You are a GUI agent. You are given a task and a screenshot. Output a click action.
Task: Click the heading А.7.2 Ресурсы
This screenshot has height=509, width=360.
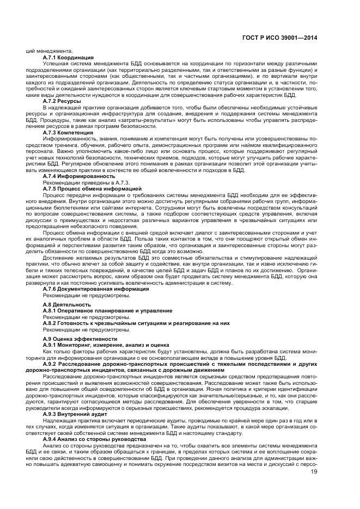point(62,101)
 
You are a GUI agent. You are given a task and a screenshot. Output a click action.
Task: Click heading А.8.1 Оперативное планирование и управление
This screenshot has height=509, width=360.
point(107,310)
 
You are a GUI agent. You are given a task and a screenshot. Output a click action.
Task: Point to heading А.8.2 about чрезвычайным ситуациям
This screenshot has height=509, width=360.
point(136,323)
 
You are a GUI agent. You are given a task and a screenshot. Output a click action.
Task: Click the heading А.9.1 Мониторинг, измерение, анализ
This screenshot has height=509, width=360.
point(106,345)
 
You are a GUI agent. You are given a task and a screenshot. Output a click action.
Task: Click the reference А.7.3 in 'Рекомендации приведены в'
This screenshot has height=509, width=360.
point(121,182)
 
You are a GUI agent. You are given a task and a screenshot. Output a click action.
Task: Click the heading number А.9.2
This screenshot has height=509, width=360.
point(51,364)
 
